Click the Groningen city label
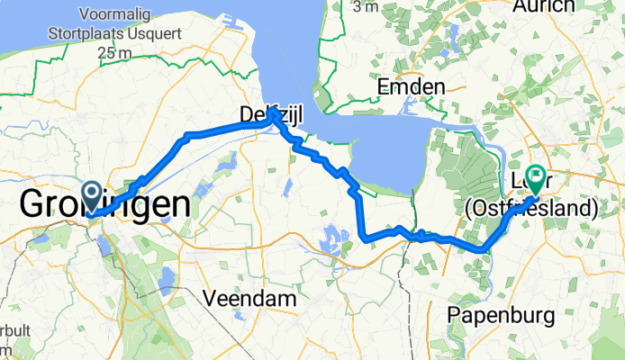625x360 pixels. (104, 205)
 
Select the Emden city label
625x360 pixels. (412, 87)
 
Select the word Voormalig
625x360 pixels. (121, 14)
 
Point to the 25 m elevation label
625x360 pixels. (112, 53)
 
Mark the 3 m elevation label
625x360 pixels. (366, 7)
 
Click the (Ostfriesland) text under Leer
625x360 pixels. (531, 210)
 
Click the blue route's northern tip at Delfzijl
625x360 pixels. (273, 114)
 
